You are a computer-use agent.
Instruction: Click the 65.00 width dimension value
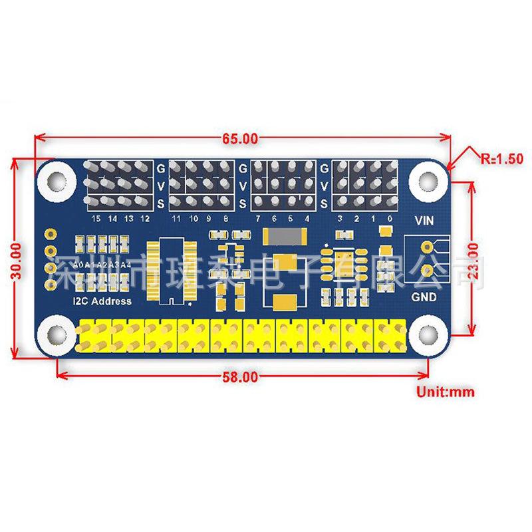240,139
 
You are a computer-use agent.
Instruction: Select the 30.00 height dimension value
19,259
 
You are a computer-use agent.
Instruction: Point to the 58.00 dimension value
240,377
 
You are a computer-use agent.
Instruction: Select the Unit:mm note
446,392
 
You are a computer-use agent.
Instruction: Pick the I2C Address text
102,301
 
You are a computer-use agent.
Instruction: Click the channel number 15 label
97,218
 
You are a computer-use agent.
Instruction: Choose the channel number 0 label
390,218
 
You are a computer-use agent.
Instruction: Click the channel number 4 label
307,218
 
